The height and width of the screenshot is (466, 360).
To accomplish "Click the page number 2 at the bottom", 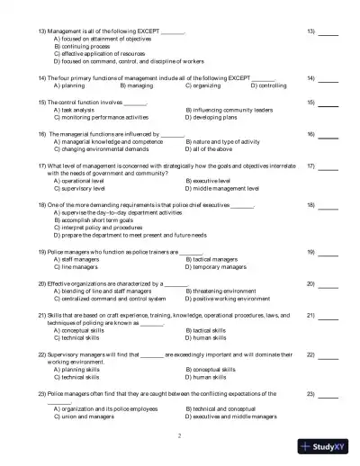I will click(179, 435).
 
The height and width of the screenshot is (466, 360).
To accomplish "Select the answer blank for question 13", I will click(328, 32).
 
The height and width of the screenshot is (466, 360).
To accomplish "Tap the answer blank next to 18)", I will click(328, 206).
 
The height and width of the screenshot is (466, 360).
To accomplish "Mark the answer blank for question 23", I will click(328, 394).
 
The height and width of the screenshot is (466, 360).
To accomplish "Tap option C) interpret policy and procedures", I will click(103, 228).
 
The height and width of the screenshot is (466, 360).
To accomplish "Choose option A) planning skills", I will click(83, 369).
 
